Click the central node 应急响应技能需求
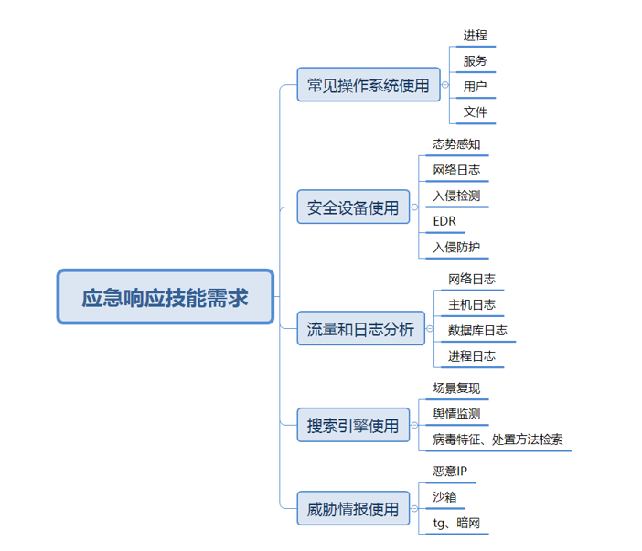(166, 297)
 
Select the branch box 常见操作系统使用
(369, 85)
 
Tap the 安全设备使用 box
(353, 207)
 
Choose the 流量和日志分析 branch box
(361, 329)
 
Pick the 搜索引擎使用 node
(353, 425)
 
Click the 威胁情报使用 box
(353, 509)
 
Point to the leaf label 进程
(475, 36)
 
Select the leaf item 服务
(475, 61)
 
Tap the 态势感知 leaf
(456, 144)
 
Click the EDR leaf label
(444, 221)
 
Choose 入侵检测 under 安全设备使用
(456, 196)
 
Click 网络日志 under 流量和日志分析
(472, 279)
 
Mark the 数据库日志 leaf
(477, 330)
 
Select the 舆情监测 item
(456, 414)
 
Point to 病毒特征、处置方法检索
(498, 440)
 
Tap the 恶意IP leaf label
(451, 472)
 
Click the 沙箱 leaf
(444, 497)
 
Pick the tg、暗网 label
(456, 523)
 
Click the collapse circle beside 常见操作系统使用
(445, 85)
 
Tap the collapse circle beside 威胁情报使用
(415, 509)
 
